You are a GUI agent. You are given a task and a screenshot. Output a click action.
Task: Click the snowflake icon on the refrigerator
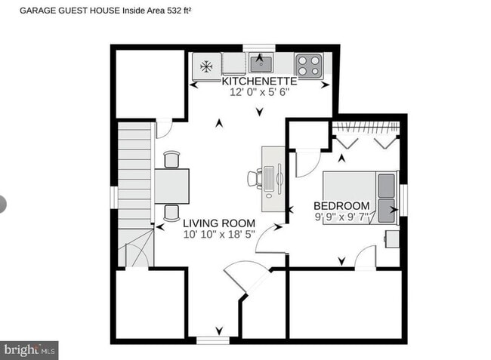pyautogui.click(x=205, y=66)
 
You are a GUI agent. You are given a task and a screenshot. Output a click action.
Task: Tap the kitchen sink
pyautogui.click(x=261, y=61)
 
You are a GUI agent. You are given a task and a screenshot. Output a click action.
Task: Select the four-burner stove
pyautogui.click(x=309, y=64)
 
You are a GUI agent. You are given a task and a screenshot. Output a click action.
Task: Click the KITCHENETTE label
pyautogui.click(x=259, y=81)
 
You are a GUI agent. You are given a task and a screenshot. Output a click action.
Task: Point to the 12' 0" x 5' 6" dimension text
pyautogui.click(x=259, y=92)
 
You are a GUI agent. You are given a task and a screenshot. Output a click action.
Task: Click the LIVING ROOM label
pyautogui.click(x=218, y=223)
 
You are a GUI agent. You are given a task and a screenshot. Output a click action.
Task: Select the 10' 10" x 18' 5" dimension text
pyautogui.click(x=218, y=235)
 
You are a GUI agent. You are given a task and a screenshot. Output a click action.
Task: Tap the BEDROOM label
pyautogui.click(x=341, y=206)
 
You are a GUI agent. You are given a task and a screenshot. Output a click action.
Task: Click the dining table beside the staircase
pyautogui.click(x=172, y=186)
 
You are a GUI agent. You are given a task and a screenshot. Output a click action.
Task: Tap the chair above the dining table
pyautogui.click(x=172, y=158)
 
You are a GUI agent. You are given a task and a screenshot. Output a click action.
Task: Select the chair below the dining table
pyautogui.click(x=172, y=212)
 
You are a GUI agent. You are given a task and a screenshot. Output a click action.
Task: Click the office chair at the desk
pyautogui.click(x=255, y=179)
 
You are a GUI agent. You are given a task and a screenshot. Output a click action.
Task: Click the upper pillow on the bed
pyautogui.click(x=386, y=183)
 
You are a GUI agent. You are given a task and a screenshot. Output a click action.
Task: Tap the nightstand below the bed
pyautogui.click(x=391, y=238)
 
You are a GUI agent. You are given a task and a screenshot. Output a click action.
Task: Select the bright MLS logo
pyautogui.click(x=29, y=350)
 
